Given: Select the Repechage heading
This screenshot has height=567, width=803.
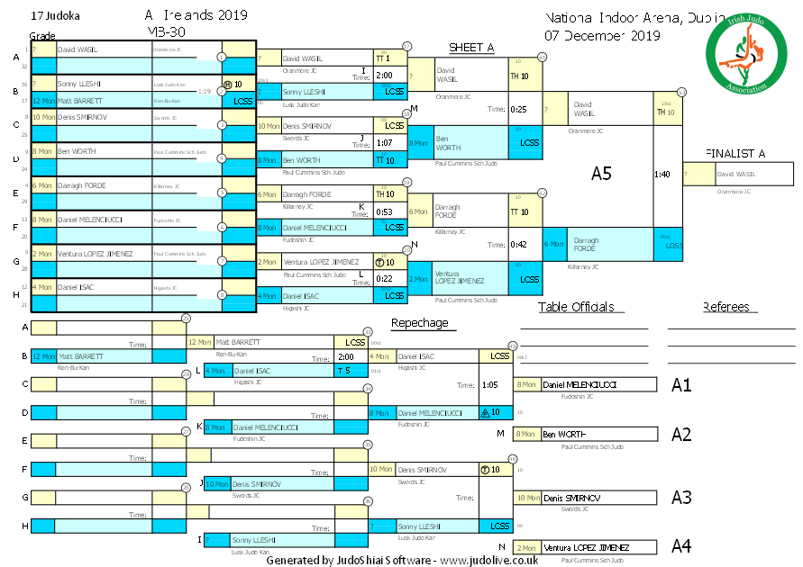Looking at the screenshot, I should click(x=419, y=322).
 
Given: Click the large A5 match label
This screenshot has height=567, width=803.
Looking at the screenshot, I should click(x=601, y=174).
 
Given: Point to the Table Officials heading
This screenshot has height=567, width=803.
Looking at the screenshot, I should click(x=576, y=307).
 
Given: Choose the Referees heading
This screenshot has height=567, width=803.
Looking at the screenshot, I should click(x=726, y=307).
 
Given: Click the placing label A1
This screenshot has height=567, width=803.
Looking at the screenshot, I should click(x=681, y=385).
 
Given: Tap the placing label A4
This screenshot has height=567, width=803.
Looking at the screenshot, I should click(x=681, y=545).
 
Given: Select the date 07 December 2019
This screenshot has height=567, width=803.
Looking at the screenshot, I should click(x=601, y=36).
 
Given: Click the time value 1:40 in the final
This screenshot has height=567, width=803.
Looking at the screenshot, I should click(x=662, y=174).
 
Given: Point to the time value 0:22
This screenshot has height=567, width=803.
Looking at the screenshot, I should click(x=384, y=278).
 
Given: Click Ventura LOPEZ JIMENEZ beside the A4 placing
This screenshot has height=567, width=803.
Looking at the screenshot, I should click(x=586, y=547).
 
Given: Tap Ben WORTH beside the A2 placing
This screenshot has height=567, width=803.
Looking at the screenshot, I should click(x=563, y=434).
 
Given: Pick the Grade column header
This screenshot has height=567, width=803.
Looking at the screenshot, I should click(x=42, y=36).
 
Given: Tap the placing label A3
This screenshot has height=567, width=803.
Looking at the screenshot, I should click(x=681, y=497).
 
